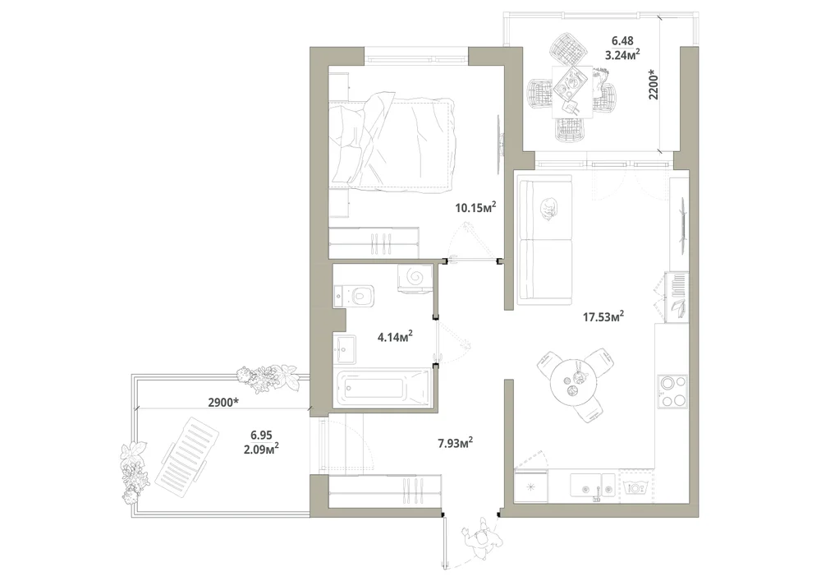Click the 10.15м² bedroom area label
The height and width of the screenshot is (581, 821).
click(x=475, y=207)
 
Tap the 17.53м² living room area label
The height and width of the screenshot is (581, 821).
click(x=603, y=316)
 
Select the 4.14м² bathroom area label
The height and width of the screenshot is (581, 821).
click(x=396, y=336)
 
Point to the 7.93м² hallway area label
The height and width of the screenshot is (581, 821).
click(x=456, y=444)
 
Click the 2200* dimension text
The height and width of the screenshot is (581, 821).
click(x=654, y=85)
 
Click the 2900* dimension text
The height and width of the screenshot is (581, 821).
click(x=223, y=403)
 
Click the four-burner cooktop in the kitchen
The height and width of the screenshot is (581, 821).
click(x=672, y=391)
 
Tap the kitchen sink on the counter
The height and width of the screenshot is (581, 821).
click(x=592, y=485)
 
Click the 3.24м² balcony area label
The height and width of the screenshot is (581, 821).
click(x=622, y=54)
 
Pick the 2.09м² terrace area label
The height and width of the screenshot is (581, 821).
click(x=261, y=448)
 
